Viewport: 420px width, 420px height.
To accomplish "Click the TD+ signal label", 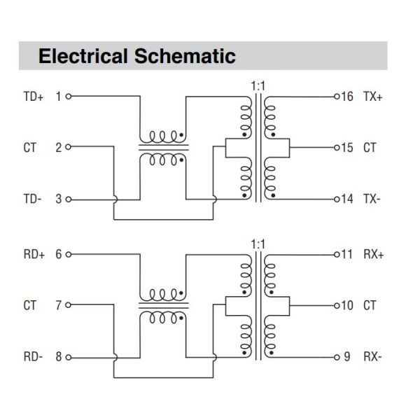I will click(x=33, y=97).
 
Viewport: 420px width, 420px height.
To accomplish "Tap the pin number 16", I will click(x=346, y=97).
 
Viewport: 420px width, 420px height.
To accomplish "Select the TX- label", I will click(x=372, y=199).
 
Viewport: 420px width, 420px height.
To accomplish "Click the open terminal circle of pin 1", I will click(x=68, y=97).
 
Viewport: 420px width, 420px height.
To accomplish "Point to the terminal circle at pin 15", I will click(x=335, y=148).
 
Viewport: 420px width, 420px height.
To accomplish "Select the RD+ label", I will click(x=33, y=254).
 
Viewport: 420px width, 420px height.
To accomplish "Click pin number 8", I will click(x=59, y=357).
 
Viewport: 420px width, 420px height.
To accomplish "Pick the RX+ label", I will click(x=373, y=254).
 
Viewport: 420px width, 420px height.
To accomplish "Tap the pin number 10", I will click(x=346, y=305).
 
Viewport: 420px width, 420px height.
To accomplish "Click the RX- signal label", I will click(x=372, y=357).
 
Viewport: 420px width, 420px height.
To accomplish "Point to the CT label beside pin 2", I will click(x=29, y=148).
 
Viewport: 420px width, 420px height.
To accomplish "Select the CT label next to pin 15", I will click(x=370, y=148).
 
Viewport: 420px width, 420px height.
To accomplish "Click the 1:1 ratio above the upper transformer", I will click(x=257, y=85).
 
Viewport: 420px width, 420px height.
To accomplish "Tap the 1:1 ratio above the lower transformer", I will click(x=257, y=244).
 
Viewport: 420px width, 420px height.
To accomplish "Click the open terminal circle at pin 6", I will click(x=68, y=254).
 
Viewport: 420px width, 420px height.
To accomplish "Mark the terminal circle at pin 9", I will click(x=335, y=357).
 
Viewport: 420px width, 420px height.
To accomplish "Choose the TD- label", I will click(x=32, y=199).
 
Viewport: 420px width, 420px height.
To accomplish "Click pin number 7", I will click(x=59, y=305).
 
